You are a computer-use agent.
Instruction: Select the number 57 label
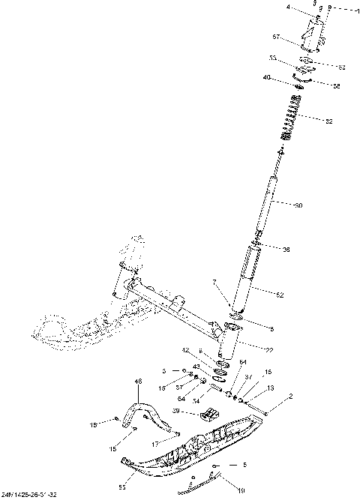276,37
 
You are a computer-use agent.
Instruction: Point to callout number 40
288,77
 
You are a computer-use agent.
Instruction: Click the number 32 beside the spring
328,121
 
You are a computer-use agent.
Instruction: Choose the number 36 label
286,250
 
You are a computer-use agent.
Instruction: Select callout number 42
186,350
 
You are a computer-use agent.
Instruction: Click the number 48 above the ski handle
138,382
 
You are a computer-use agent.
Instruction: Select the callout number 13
270,388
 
